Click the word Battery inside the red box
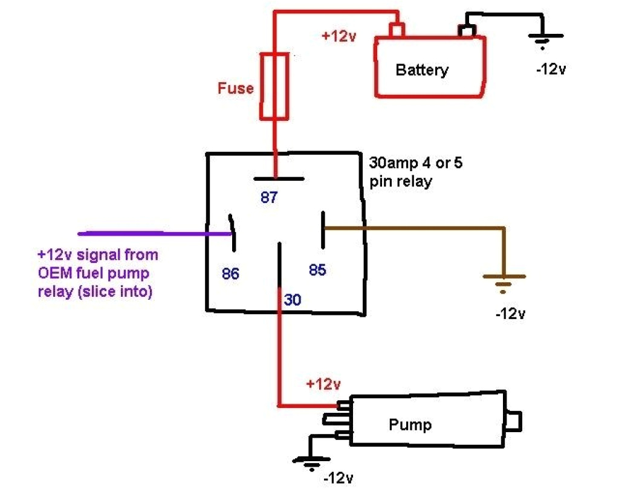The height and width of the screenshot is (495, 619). tap(422, 70)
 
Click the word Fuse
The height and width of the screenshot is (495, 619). tap(236, 88)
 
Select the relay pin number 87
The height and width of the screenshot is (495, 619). tap(269, 197)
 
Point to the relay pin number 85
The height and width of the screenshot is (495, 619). tap(317, 270)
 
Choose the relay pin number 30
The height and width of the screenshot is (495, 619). tap(293, 299)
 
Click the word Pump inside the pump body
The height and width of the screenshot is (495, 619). tap(410, 424)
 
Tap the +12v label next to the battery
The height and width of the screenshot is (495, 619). tap(339, 36)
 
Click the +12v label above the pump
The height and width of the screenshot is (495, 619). tap(323, 384)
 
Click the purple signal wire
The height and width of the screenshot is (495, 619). tap(151, 233)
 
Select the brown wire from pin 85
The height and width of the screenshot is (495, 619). tap(423, 228)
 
